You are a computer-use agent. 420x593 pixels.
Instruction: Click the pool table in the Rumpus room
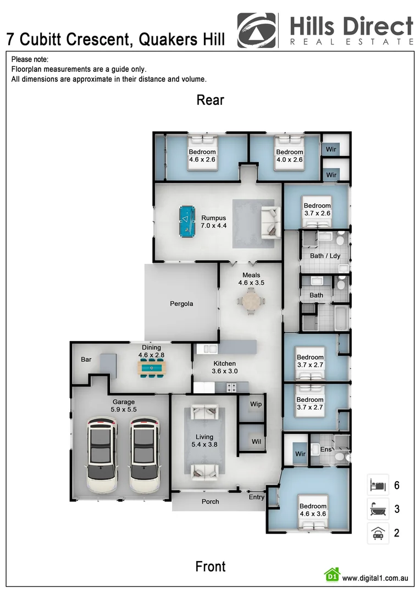point(187,221)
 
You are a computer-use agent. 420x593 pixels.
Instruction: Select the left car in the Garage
point(102,455)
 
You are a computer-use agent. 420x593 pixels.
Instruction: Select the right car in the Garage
point(145,455)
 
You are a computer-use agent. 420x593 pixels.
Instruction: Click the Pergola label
point(181,304)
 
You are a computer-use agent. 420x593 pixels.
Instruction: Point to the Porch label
point(210,501)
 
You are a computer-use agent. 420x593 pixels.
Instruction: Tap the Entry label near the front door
point(257,497)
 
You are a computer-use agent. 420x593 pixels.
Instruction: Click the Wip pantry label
point(256,404)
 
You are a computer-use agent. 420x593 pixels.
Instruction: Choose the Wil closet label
point(256,441)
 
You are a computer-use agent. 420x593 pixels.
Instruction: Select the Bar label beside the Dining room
point(86,360)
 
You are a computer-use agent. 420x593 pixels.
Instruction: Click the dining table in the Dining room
point(152,367)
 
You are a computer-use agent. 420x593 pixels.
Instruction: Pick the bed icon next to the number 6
point(378,485)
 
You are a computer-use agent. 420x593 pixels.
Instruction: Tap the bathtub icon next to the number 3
point(378,509)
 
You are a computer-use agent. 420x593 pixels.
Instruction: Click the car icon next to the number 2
point(378,533)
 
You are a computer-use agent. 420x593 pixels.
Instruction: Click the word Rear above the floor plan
point(210,100)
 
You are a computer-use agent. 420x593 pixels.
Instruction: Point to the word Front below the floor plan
point(210,566)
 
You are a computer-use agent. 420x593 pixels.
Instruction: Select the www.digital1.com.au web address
point(375,578)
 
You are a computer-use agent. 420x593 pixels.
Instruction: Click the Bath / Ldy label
point(325,256)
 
